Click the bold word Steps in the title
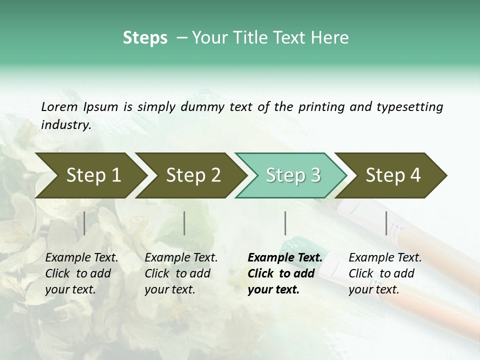click(x=145, y=38)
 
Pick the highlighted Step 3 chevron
click(x=293, y=175)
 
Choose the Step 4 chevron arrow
click(x=393, y=175)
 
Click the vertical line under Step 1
click(x=84, y=223)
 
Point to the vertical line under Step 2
click(x=184, y=223)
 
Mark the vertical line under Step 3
click(x=285, y=223)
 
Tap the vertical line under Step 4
click(x=386, y=223)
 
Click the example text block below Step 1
click(x=81, y=273)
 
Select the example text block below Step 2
click(x=181, y=273)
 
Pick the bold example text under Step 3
click(x=284, y=273)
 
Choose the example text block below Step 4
click(x=385, y=273)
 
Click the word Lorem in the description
click(x=59, y=106)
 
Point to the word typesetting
click(x=409, y=107)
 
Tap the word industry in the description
click(x=65, y=125)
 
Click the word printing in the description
click(x=320, y=107)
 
